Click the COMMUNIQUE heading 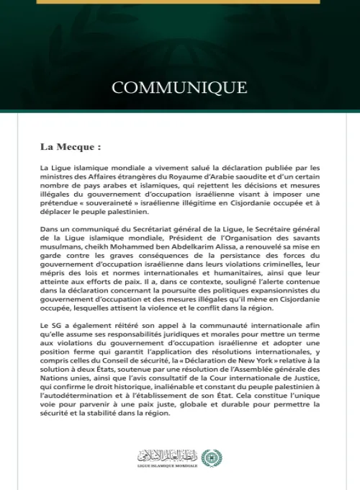tap(179, 88)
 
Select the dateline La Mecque tap(70, 147)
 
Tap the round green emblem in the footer tap(211, 457)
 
